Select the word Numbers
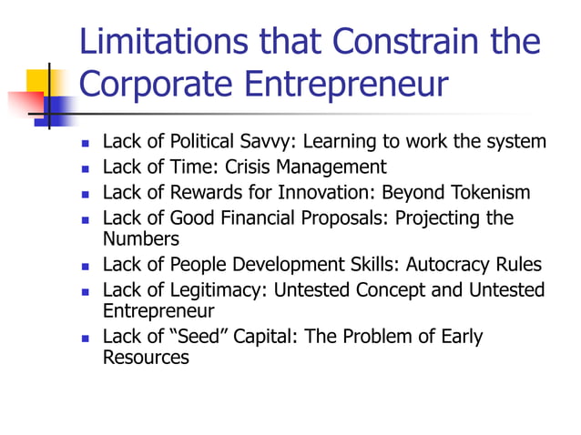[x=141, y=239]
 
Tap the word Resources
[x=146, y=358]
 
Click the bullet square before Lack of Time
[x=85, y=168]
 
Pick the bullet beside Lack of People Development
[x=85, y=267]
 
